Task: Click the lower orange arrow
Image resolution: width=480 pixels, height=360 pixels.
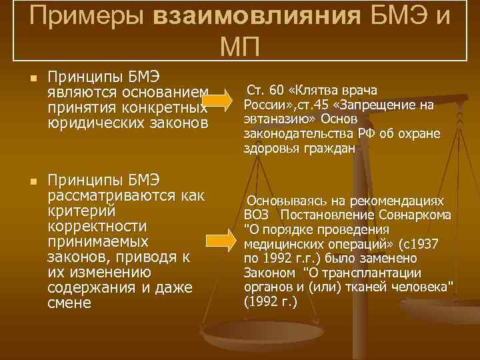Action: tap(217, 241)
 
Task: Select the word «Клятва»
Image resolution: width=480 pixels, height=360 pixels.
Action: tap(317, 90)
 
